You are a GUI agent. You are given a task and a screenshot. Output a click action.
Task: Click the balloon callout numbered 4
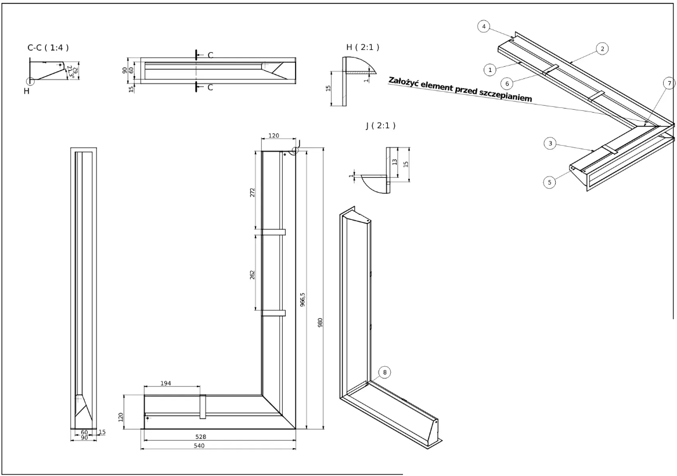485,26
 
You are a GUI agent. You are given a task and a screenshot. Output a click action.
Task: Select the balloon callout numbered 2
603,49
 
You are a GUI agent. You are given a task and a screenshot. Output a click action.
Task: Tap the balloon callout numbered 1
490,69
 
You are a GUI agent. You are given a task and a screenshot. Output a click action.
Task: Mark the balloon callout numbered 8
384,372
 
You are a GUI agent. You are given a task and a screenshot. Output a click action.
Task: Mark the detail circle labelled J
296,150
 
